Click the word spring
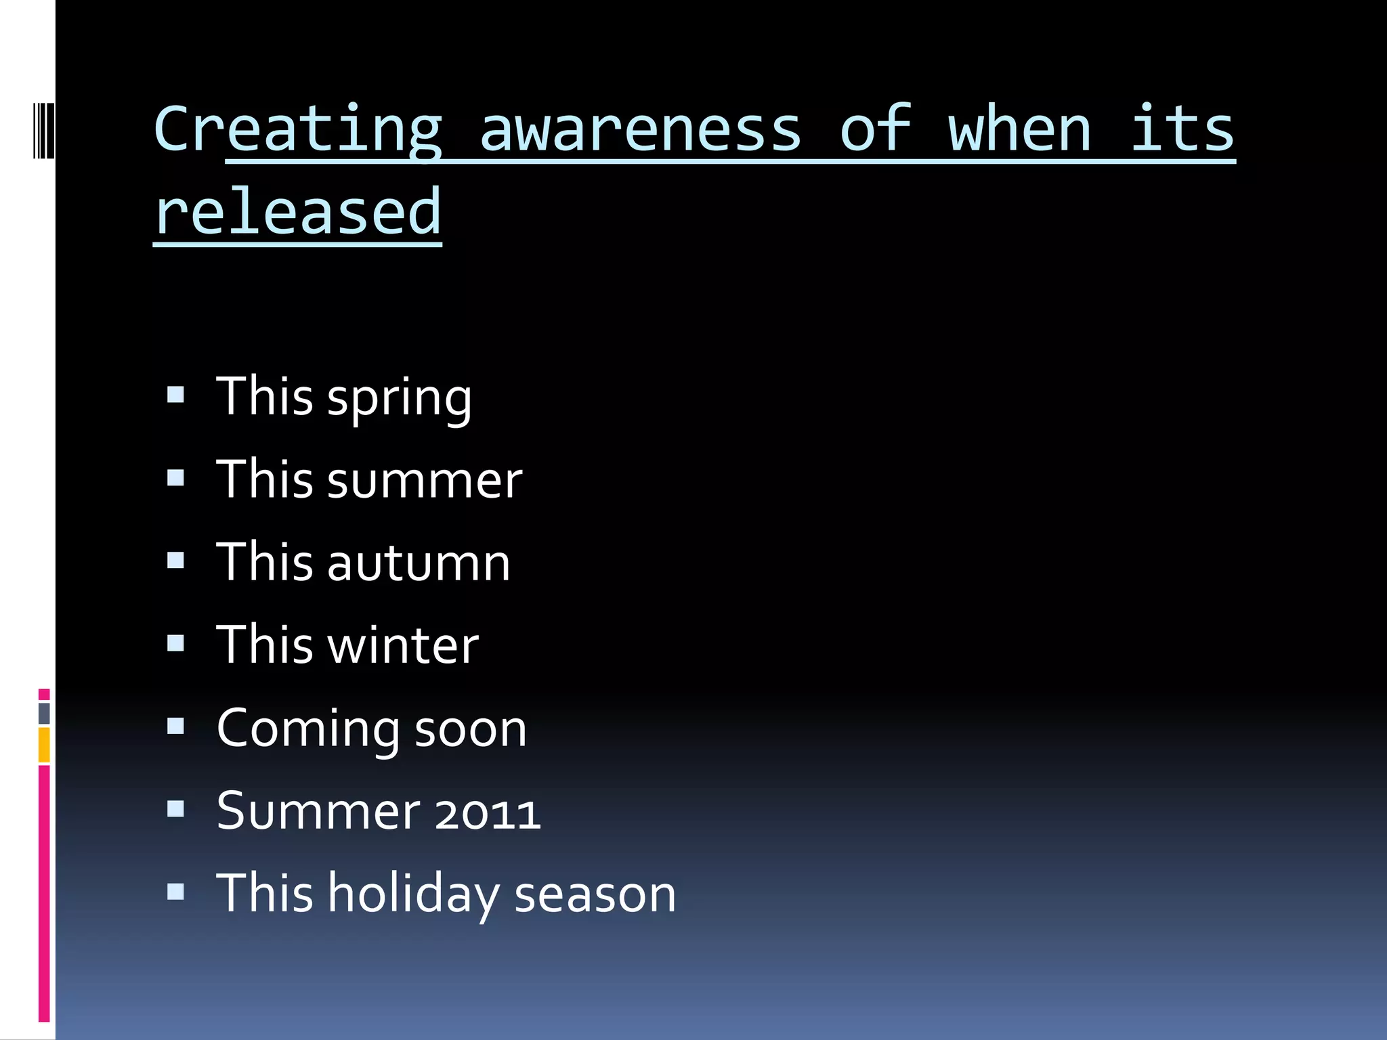click(400, 398)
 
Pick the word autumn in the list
click(419, 563)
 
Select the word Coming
click(308, 729)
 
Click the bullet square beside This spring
click(176, 395)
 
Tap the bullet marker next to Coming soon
click(176, 726)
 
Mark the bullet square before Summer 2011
click(176, 808)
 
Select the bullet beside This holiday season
click(176, 892)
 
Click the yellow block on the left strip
click(44, 745)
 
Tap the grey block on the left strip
click(44, 713)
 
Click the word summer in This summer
click(425, 480)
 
